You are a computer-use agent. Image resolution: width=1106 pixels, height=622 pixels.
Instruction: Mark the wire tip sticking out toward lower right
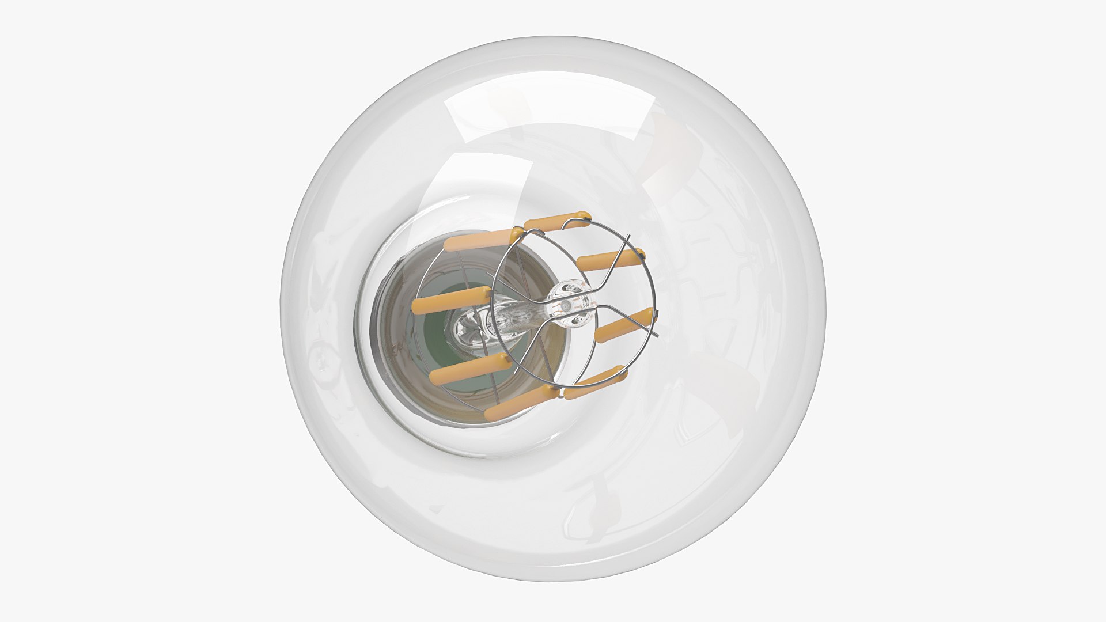click(656, 336)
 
